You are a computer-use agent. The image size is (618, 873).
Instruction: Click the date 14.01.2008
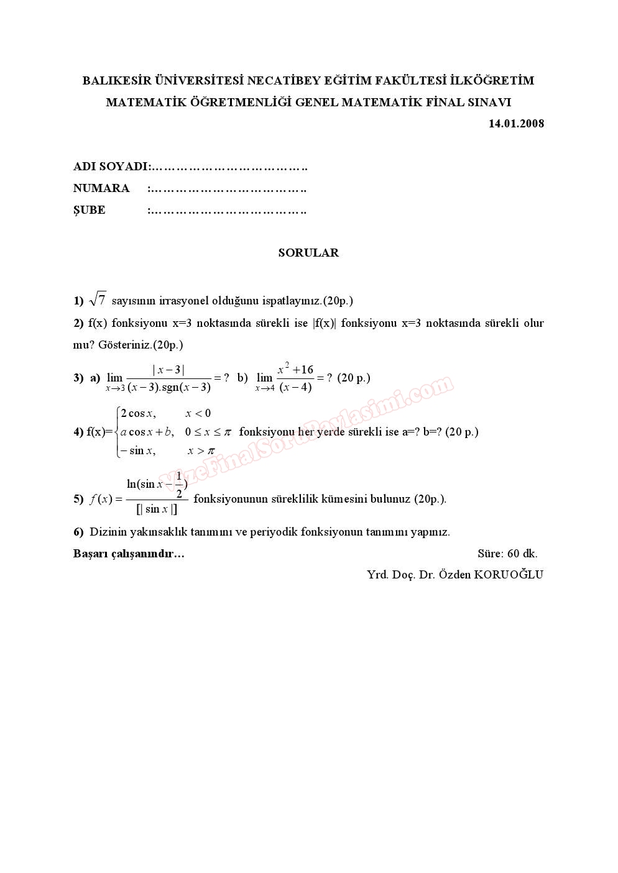click(516, 123)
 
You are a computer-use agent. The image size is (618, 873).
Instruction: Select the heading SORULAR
click(308, 253)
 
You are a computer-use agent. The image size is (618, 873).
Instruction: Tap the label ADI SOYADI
click(111, 167)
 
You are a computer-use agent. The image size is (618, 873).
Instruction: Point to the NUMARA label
click(101, 188)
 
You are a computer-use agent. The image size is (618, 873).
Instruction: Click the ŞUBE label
click(90, 210)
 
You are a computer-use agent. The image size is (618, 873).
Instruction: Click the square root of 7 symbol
click(98, 299)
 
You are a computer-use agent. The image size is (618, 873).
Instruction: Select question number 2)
click(78, 323)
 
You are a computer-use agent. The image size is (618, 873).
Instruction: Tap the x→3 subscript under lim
click(115, 388)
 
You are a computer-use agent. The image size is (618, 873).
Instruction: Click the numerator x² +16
click(295, 369)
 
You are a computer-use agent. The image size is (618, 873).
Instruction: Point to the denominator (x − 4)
click(295, 388)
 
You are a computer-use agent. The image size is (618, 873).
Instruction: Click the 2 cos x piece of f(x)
click(138, 413)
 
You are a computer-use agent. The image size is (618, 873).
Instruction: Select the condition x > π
click(201, 451)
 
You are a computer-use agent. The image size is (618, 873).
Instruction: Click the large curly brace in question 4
click(118, 432)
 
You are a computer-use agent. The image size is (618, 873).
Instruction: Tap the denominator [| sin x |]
click(157, 510)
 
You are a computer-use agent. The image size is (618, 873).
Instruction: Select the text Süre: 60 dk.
click(507, 553)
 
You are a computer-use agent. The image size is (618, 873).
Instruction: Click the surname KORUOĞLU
click(509, 574)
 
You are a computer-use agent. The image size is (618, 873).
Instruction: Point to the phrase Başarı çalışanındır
click(129, 554)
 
